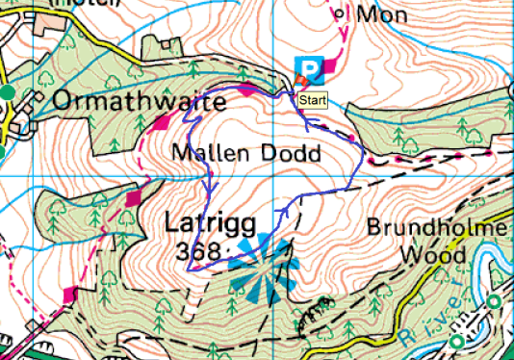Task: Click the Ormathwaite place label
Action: pyautogui.click(x=139, y=101)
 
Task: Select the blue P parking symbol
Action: pyautogui.click(x=307, y=68)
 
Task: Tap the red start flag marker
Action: pyautogui.click(x=299, y=87)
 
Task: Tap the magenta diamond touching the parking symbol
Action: pyautogui.click(x=330, y=64)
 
